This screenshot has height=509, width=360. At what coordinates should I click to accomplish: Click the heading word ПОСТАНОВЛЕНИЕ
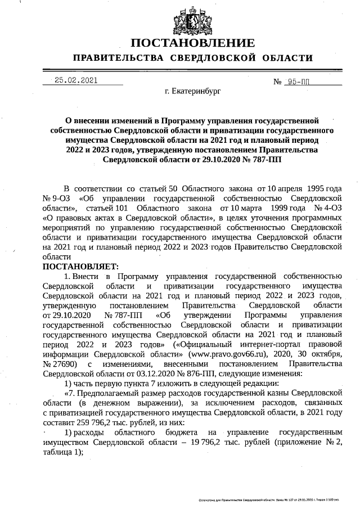[x=192, y=43]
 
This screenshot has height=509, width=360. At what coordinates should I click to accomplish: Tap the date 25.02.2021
[x=76, y=80]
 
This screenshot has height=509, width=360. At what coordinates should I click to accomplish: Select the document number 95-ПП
[x=298, y=82]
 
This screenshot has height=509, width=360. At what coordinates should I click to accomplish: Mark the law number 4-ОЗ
[x=332, y=208]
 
